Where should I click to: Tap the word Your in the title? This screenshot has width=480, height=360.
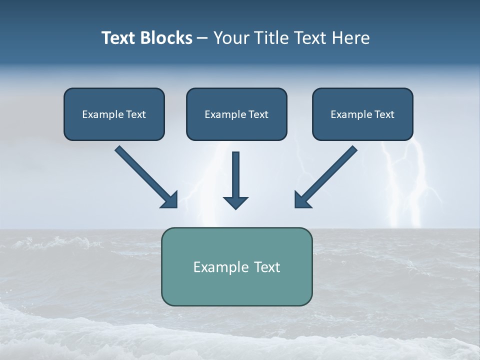click(x=232, y=38)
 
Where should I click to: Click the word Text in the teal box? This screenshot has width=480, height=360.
click(x=266, y=267)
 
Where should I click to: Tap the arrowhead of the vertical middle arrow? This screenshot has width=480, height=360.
click(x=235, y=202)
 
